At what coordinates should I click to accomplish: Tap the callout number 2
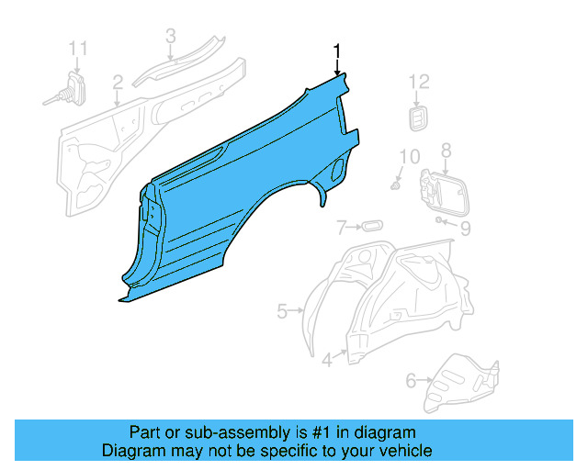click(118, 86)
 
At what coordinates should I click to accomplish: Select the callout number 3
click(170, 36)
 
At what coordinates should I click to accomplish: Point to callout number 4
click(327, 361)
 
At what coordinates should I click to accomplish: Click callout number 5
click(283, 311)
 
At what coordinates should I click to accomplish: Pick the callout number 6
click(410, 376)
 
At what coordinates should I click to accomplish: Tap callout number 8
click(447, 150)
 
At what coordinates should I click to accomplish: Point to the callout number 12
click(419, 82)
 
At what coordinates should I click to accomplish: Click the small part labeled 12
click(419, 117)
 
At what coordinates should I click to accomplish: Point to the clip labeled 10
click(396, 185)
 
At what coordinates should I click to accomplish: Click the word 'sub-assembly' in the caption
click(206, 432)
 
